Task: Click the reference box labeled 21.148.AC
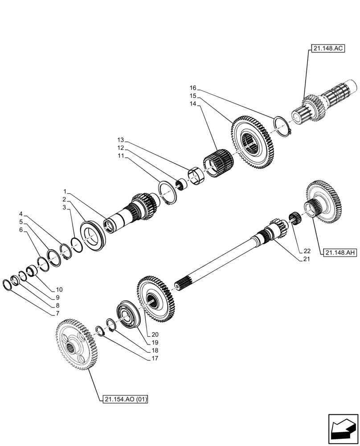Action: (x=325, y=50)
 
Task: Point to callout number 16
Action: (x=192, y=88)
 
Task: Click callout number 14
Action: (x=192, y=103)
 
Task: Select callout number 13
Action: (x=120, y=140)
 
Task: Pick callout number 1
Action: (x=65, y=191)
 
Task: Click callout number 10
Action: (x=59, y=289)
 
